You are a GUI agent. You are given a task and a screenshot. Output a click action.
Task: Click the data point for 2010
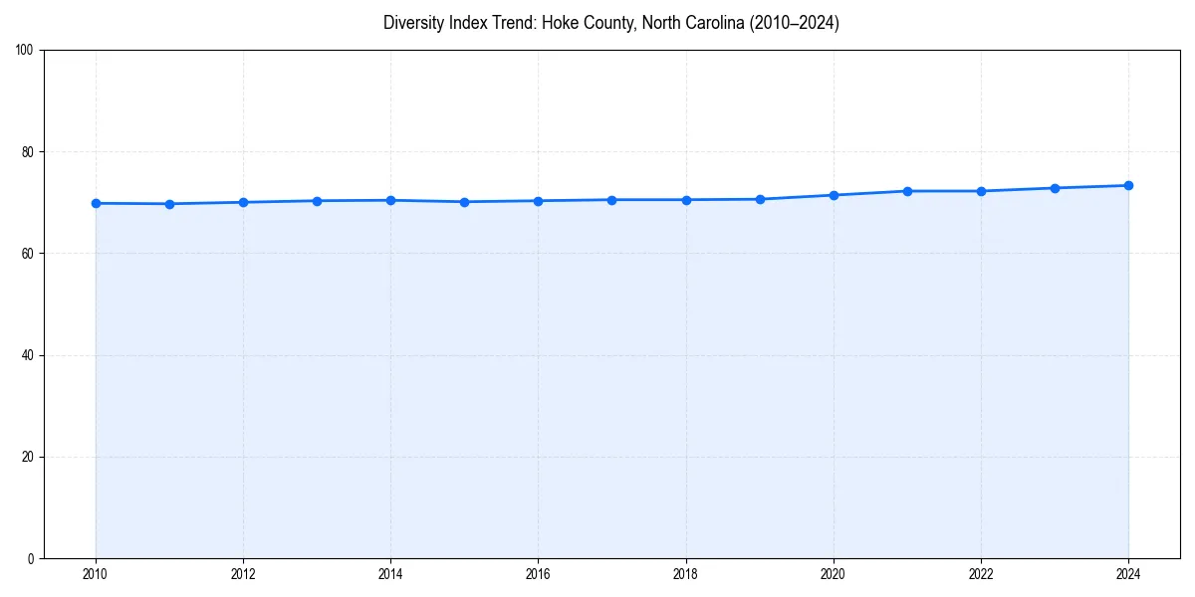click(x=96, y=203)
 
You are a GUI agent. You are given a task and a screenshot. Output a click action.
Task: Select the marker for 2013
click(x=317, y=201)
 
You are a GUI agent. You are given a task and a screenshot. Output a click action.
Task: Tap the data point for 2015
click(x=464, y=202)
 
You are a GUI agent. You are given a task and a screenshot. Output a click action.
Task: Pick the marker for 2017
click(x=611, y=200)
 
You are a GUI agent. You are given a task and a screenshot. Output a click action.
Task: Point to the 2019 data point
click(x=760, y=199)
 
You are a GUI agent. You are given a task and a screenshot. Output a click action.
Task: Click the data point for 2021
click(x=907, y=191)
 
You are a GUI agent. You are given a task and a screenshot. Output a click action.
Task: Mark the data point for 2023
click(x=1055, y=188)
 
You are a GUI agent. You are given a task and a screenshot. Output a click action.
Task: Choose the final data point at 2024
click(x=1128, y=185)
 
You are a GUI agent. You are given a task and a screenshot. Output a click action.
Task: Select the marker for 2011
click(x=169, y=204)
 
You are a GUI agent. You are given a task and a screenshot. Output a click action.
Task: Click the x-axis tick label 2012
click(x=243, y=574)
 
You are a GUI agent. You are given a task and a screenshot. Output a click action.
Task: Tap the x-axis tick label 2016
click(x=538, y=574)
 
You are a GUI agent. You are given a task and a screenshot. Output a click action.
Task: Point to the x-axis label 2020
click(x=834, y=574)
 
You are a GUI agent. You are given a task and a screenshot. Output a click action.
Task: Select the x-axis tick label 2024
click(x=1128, y=574)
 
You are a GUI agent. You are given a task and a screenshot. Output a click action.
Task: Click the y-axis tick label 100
click(x=25, y=50)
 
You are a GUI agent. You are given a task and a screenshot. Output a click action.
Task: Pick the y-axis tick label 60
click(x=28, y=254)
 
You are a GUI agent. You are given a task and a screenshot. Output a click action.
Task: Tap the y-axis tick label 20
click(x=28, y=457)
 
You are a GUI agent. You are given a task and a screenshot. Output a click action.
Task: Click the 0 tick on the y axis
click(x=31, y=558)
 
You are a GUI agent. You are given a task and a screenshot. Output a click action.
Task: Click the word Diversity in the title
click(x=410, y=23)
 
